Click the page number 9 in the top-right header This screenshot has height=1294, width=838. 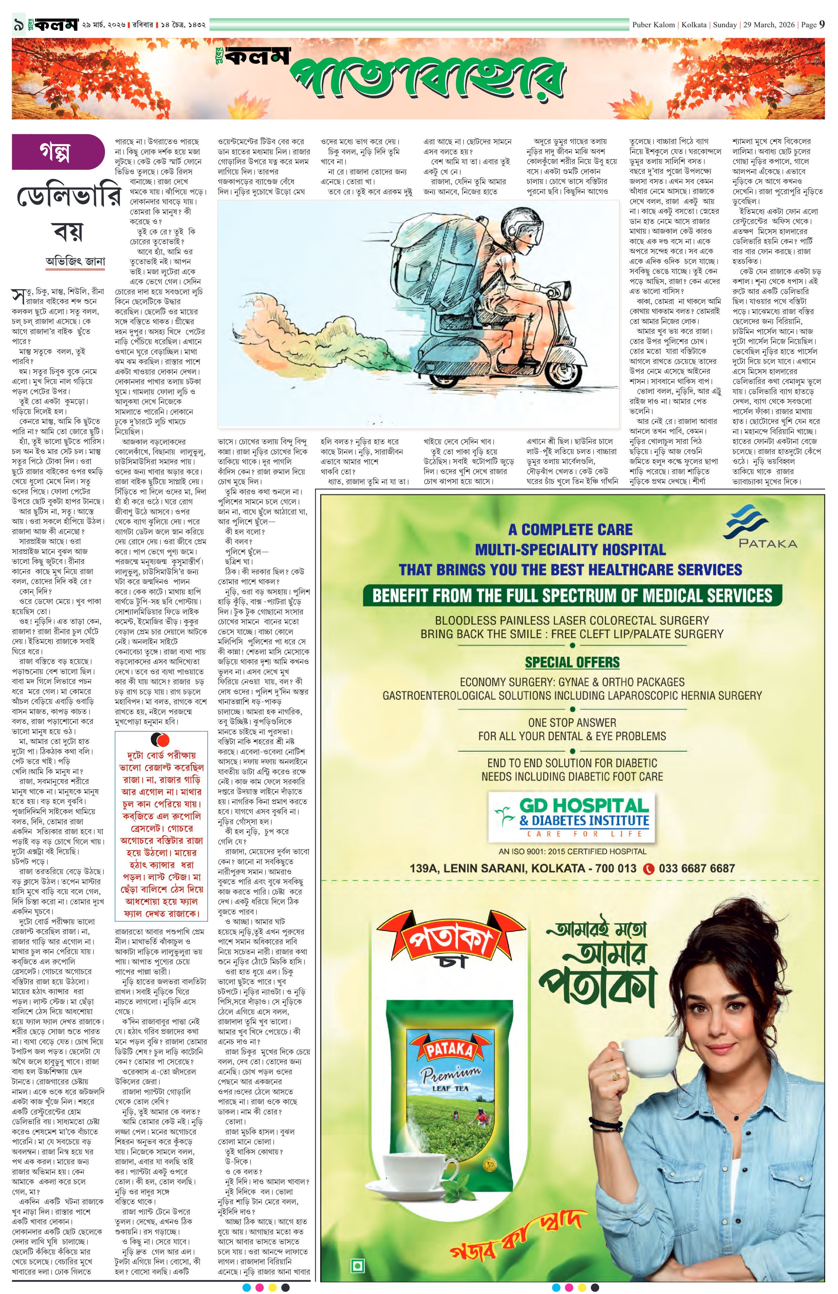(822, 24)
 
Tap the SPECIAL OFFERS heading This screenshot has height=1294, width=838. (572, 662)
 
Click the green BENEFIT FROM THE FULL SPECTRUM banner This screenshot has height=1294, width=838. (572, 595)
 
